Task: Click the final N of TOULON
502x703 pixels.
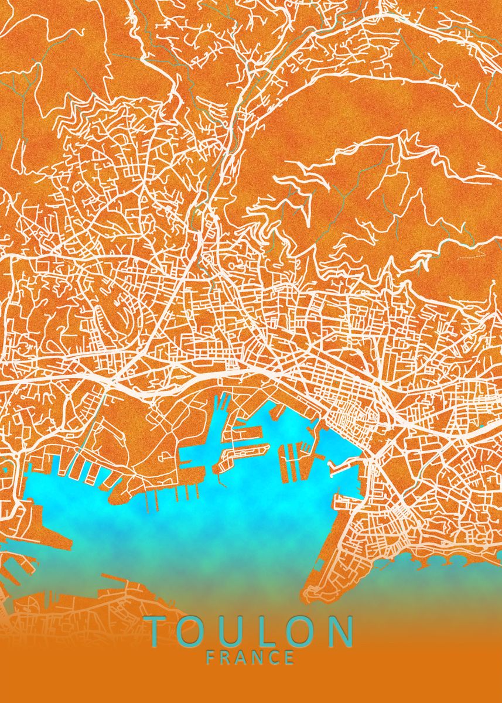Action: click(x=340, y=631)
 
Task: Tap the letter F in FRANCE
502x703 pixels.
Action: click(x=211, y=657)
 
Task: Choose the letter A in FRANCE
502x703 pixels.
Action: click(x=243, y=657)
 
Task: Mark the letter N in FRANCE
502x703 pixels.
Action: click(x=259, y=657)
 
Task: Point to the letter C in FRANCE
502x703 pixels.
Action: click(x=275, y=657)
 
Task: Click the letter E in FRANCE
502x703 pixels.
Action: click(x=290, y=657)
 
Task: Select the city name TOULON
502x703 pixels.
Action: click(x=251, y=631)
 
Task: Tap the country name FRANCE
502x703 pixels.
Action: click(x=251, y=657)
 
